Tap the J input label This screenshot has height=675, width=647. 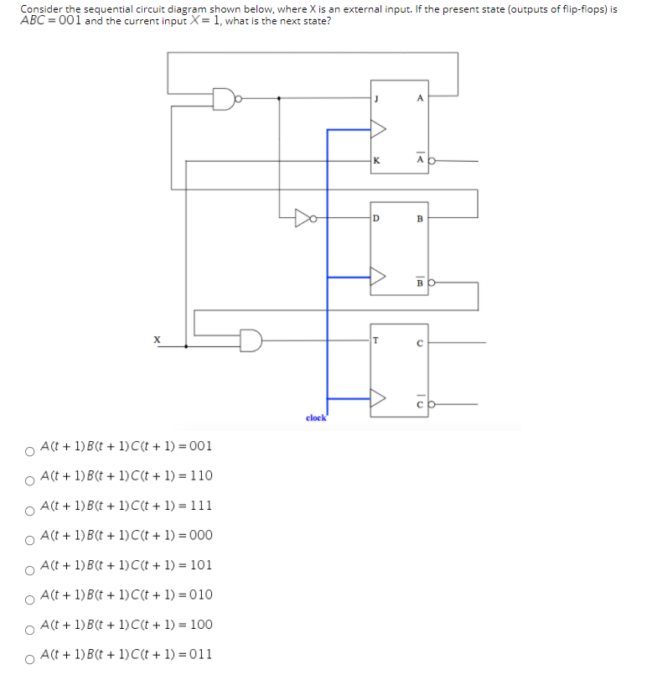point(377,99)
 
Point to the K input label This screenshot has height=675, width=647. point(377,159)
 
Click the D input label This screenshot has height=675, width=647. point(377,220)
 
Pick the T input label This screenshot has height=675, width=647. point(377,340)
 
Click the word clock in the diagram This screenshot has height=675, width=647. point(316,418)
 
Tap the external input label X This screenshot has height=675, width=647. point(155,340)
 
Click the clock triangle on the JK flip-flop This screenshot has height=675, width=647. point(378,130)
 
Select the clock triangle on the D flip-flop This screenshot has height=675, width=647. point(378,275)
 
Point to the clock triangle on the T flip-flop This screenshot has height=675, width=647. point(378,398)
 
